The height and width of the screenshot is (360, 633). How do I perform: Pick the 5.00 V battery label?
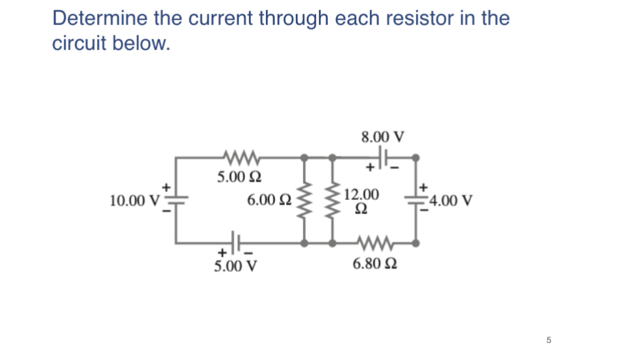click(235, 265)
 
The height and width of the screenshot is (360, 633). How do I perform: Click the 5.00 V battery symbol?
click(235, 241)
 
